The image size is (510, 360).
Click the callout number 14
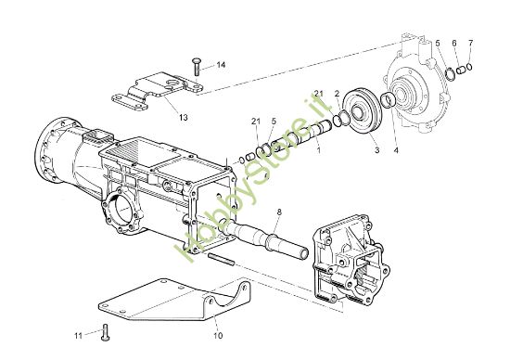point(221,65)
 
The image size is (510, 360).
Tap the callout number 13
point(184,117)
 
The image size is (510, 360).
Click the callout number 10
point(218,335)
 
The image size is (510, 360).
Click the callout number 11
point(79,335)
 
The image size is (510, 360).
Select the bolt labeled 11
point(105,332)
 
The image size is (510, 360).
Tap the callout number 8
point(279,212)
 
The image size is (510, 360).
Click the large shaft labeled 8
point(263,238)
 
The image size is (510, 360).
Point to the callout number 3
point(376,150)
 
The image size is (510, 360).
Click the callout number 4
point(396,150)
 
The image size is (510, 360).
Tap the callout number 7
point(471,43)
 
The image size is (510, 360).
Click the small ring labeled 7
point(469,67)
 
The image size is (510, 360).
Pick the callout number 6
point(454,43)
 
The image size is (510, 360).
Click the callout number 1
point(319,150)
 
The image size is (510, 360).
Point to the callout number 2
point(337,94)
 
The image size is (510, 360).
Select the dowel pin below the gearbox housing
point(221,260)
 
